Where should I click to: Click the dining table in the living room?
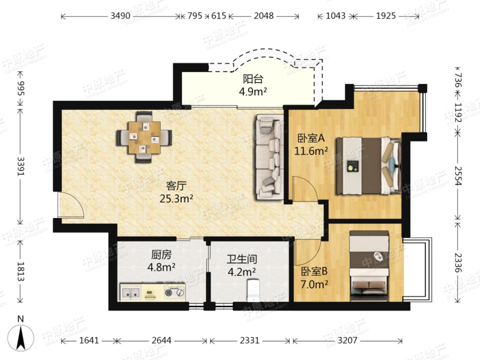click(144, 138)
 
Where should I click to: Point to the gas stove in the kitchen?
click(174, 292)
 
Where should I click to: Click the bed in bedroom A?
click(368, 166)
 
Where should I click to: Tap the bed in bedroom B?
click(369, 265)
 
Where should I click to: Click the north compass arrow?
click(21, 338)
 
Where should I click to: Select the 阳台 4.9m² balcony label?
click(253, 85)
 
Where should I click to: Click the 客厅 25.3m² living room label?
click(176, 192)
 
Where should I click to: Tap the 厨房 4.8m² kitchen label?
click(161, 261)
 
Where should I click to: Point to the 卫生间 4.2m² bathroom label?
click(242, 265)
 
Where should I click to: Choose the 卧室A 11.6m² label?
click(311, 144)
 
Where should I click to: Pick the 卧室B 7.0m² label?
click(314, 278)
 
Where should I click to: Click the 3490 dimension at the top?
click(120, 15)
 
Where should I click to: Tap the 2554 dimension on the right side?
click(458, 175)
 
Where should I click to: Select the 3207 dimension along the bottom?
click(347, 340)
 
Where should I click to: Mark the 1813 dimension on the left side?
click(21, 271)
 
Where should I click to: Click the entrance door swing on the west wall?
click(70, 205)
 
